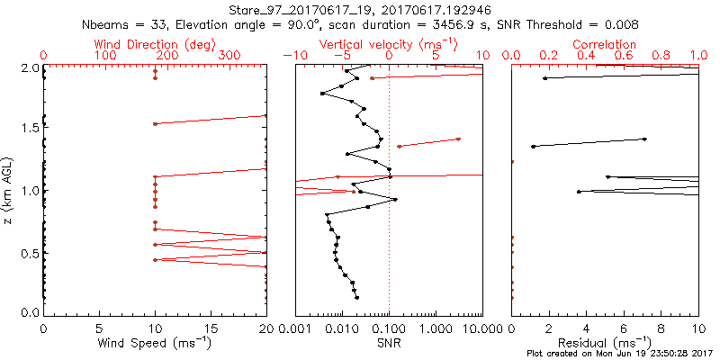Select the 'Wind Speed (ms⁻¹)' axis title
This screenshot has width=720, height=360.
tap(154, 343)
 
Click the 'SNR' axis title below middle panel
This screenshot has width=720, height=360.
tap(389, 343)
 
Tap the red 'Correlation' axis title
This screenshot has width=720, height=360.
tap(605, 43)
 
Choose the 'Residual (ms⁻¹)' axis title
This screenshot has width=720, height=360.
tap(605, 343)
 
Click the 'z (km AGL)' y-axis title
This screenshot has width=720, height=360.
tap(8, 189)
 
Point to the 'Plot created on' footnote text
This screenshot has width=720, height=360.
tap(621, 353)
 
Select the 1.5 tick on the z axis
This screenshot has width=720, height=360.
tap(30, 129)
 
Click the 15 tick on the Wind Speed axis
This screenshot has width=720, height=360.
tap(211, 328)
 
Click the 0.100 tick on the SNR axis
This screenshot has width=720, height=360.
tap(389, 328)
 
